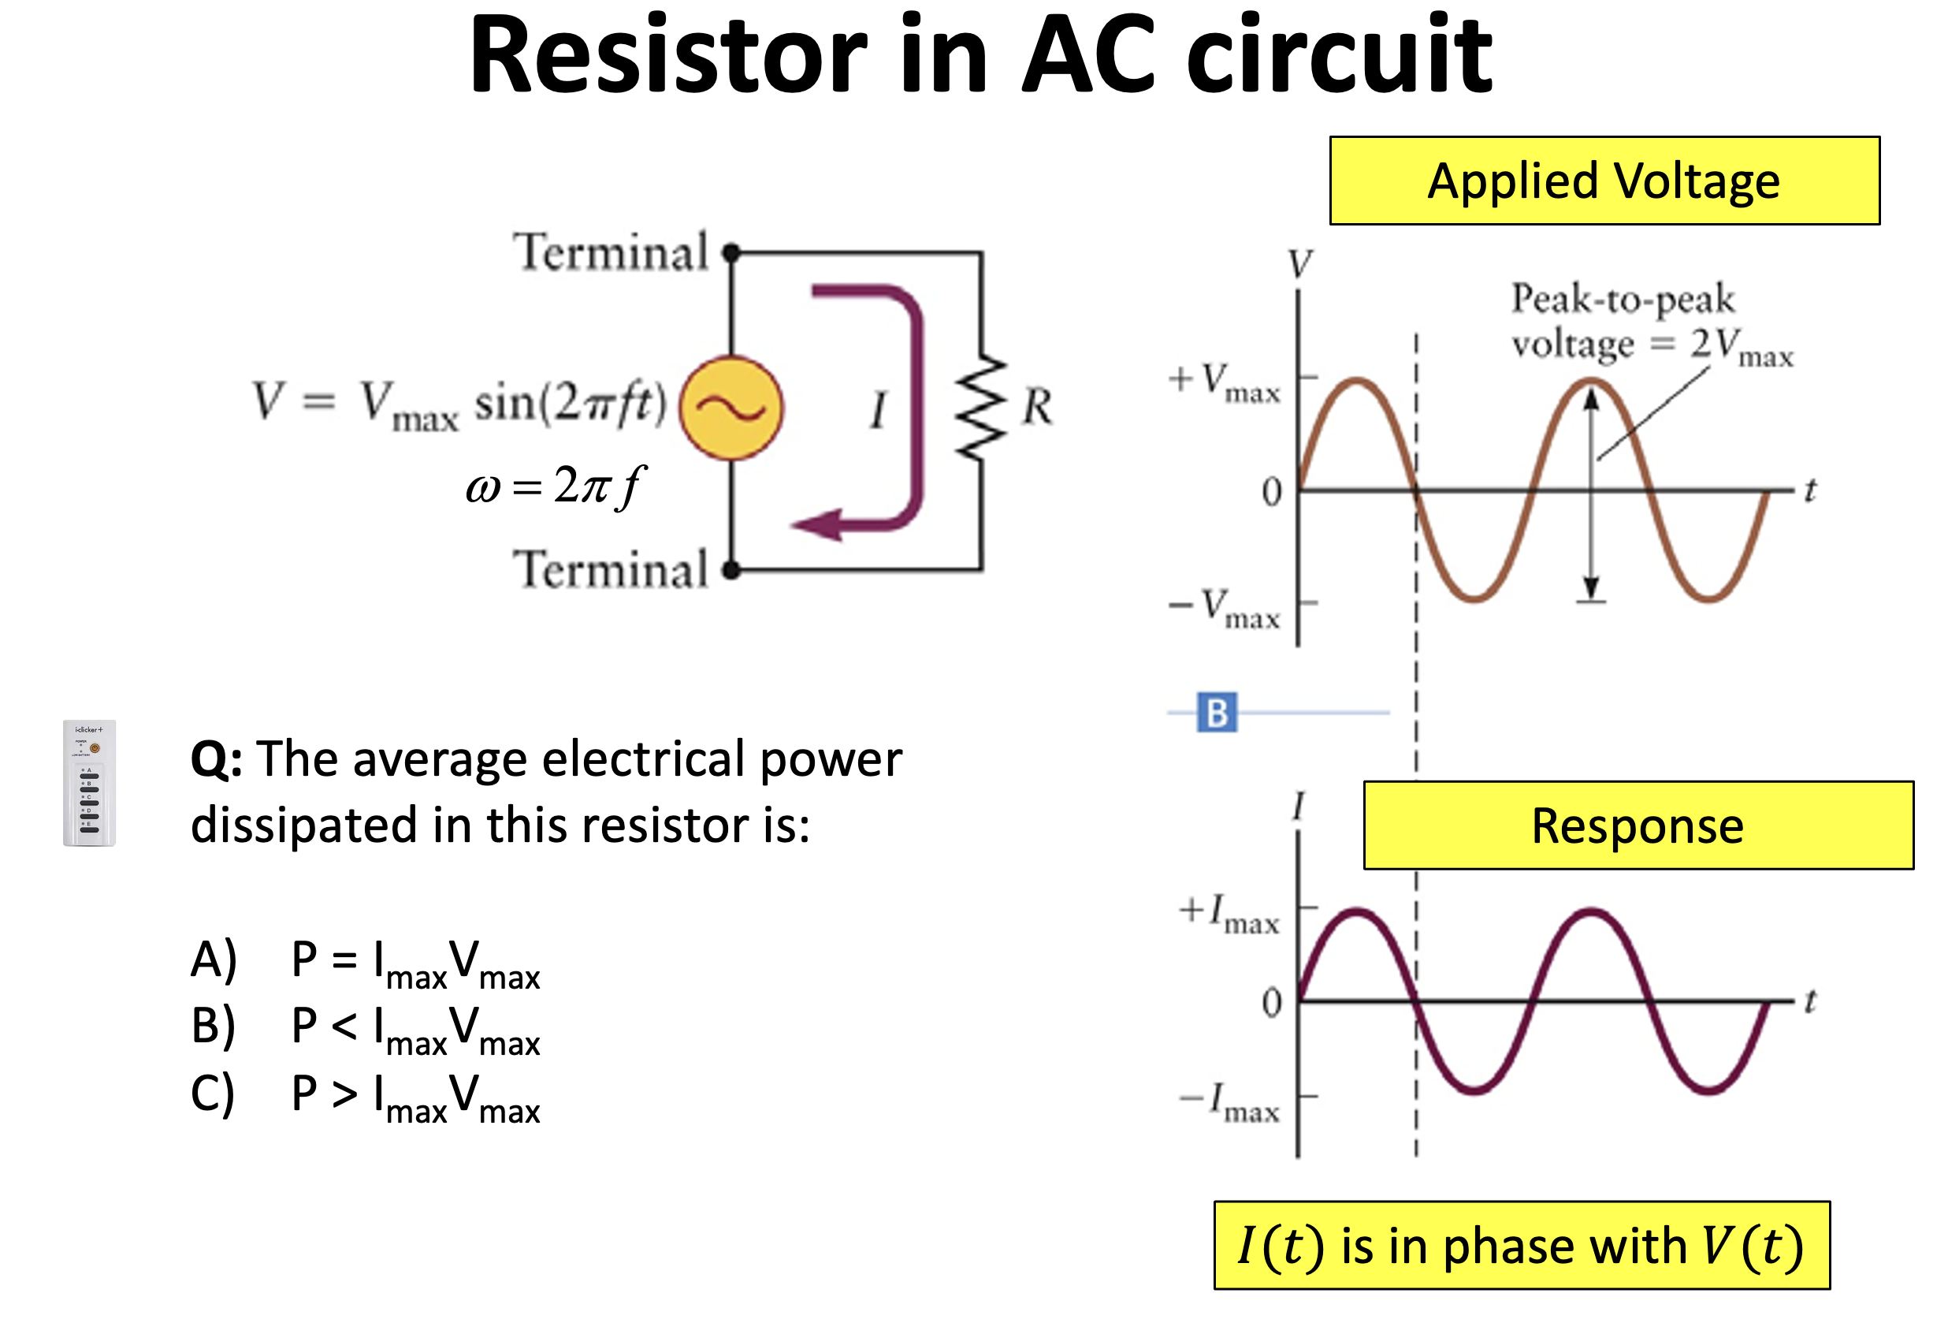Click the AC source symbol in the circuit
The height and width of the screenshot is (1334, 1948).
pos(731,408)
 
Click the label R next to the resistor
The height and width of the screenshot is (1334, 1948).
pos(1037,407)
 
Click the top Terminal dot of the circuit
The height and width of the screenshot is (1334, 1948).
pos(731,252)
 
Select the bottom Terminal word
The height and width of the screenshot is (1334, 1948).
pos(611,570)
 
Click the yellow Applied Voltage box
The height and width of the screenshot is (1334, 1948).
pos(1604,181)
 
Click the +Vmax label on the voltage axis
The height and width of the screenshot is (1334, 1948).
pos(1225,382)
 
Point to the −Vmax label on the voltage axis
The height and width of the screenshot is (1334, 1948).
pos(1225,608)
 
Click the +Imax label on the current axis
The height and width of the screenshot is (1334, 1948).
pos(1229,914)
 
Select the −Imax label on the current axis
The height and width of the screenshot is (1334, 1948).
pos(1229,1101)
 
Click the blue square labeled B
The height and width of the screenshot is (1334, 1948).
pos(1216,712)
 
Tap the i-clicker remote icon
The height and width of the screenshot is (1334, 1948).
pos(90,782)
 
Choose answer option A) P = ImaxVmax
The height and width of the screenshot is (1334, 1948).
pos(366,963)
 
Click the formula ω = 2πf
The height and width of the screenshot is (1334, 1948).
pos(556,486)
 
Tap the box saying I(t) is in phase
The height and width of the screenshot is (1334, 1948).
pos(1521,1244)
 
